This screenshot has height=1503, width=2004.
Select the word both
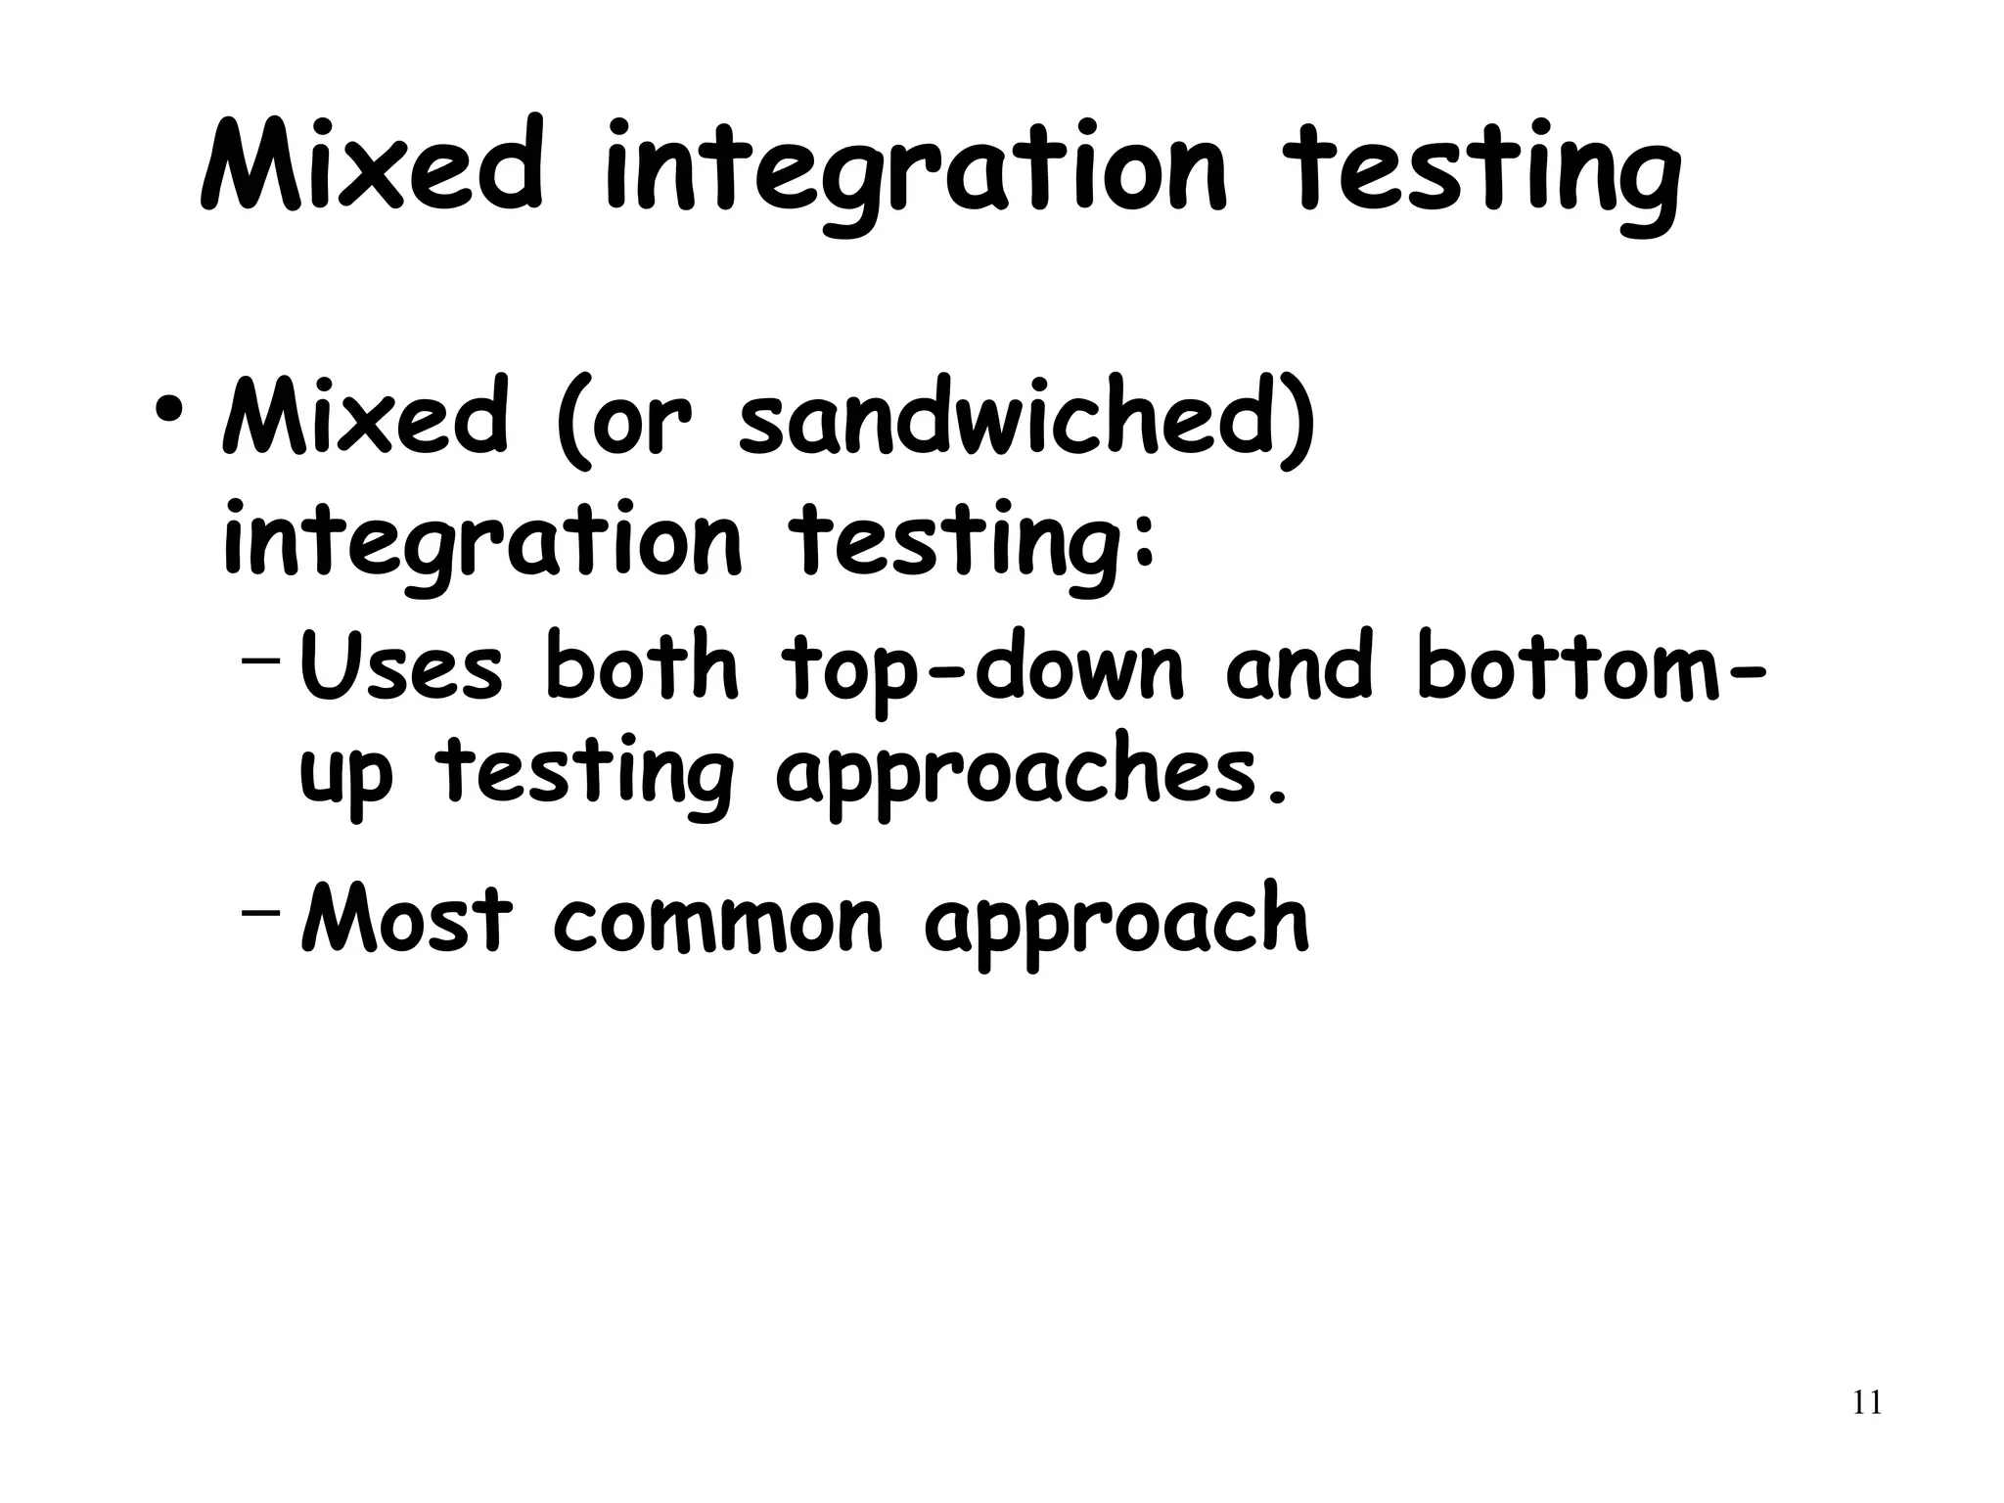click(641, 665)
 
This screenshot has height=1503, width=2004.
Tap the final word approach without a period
click(1116, 925)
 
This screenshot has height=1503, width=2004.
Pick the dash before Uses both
click(259, 658)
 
